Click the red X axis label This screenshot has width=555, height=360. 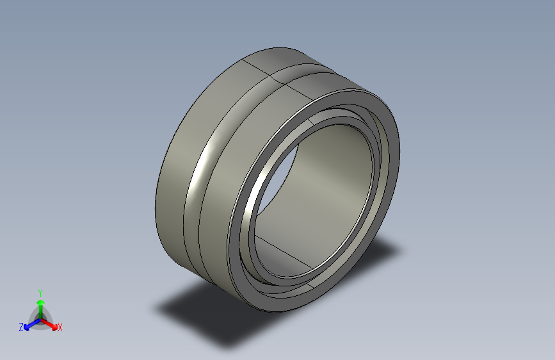point(60,328)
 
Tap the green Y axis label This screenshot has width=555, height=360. point(40,291)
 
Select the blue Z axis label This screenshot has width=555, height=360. point(21,327)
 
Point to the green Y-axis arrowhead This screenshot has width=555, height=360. point(40,301)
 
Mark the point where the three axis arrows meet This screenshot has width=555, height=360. point(40,318)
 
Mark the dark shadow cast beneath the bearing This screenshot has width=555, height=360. point(211,314)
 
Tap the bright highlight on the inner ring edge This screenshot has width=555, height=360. point(256,192)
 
